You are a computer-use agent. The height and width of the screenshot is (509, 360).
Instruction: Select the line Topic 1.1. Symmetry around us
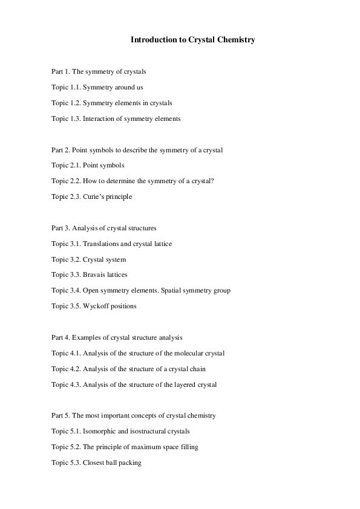coord(97,87)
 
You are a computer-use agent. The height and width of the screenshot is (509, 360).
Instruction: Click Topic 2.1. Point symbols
coord(88,165)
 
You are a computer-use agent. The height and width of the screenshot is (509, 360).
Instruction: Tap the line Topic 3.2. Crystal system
coord(89,259)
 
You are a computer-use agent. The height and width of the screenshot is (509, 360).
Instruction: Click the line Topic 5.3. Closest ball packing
coord(96,462)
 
